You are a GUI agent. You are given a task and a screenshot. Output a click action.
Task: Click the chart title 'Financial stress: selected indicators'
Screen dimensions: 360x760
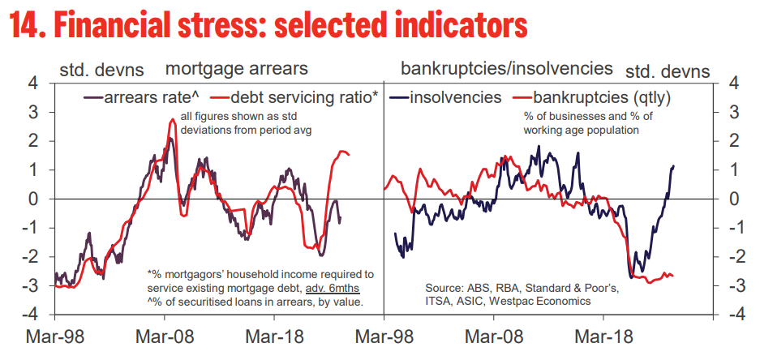pos(268,27)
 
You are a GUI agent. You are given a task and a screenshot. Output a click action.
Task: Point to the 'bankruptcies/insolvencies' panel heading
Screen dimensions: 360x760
pos(507,69)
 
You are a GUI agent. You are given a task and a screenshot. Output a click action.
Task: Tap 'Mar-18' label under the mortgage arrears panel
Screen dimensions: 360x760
pos(273,337)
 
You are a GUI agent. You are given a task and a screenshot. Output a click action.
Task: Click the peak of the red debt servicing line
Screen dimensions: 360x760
pos(173,120)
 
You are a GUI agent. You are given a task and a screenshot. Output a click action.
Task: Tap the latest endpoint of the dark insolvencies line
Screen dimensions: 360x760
pos(673,166)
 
